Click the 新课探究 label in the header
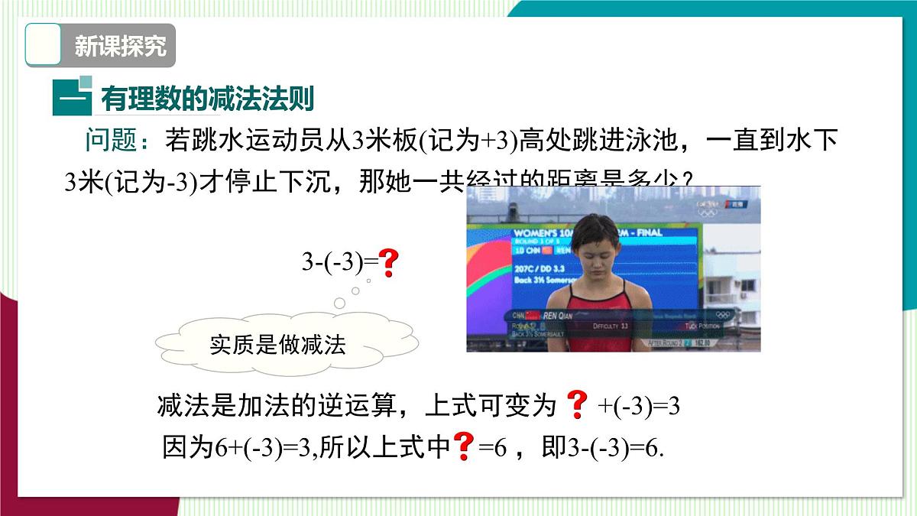coord(120,46)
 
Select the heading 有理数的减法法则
coord(207,99)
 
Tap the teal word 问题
coord(109,140)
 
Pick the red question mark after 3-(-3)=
coord(389,263)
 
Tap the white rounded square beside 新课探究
coord(44,46)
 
